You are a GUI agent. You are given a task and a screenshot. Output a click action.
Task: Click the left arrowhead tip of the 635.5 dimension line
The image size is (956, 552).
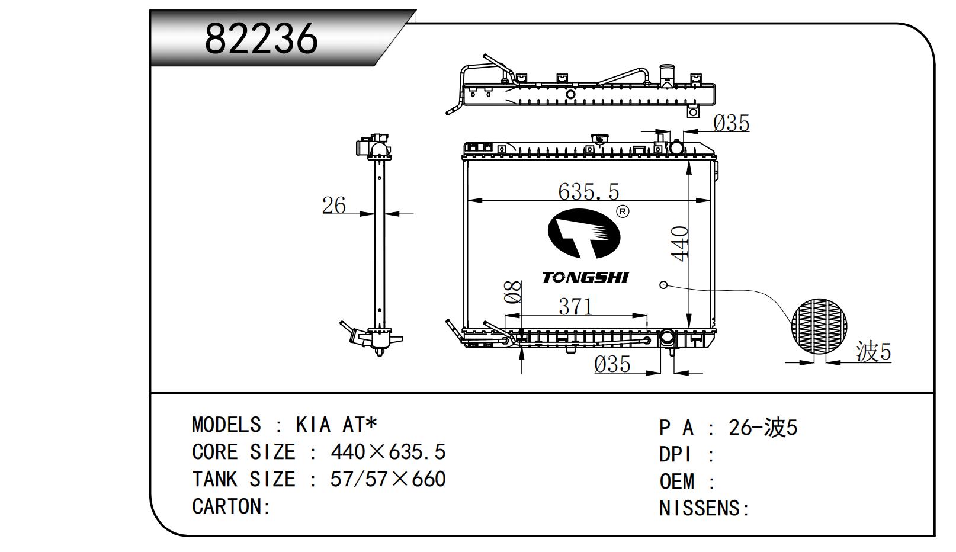point(468,200)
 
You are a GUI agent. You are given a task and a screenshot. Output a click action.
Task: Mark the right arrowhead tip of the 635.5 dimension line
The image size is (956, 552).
point(710,200)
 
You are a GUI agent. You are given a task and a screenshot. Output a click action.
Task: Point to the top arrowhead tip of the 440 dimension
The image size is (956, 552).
point(689,161)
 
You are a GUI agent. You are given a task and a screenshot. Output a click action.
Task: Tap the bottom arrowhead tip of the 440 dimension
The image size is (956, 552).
point(689,328)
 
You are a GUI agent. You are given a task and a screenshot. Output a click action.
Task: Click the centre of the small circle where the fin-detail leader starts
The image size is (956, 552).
point(663,285)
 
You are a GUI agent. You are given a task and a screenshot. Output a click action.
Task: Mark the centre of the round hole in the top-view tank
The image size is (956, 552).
point(570,94)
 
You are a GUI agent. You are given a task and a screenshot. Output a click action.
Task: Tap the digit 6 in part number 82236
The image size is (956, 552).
point(303,38)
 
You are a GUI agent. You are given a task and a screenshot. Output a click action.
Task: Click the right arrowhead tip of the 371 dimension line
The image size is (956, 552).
point(647,316)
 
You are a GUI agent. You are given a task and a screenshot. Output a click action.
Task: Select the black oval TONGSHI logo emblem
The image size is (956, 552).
point(584,233)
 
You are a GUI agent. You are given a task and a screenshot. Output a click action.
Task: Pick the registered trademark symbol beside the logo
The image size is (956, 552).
point(623,211)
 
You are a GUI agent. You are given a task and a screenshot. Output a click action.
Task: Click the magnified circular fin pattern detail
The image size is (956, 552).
point(819,326)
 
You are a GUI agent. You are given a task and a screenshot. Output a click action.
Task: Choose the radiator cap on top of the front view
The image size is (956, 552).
point(599,139)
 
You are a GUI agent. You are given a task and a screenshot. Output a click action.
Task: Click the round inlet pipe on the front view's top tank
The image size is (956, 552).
point(677,147)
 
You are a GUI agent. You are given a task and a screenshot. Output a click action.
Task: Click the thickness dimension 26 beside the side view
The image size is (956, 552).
point(333,206)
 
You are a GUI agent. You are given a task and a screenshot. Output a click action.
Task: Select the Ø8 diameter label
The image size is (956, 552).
point(512,292)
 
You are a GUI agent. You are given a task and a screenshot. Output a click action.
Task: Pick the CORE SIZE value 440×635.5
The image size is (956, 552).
point(388,452)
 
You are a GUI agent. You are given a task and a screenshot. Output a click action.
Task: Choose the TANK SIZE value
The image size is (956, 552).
point(388,479)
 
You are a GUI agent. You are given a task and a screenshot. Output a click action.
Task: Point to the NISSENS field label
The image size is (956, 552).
point(704,508)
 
